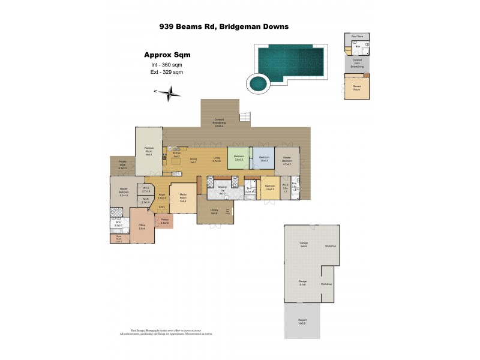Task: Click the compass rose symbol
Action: (x=169, y=92)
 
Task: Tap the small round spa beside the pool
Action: (x=259, y=82)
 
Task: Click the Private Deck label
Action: (x=122, y=166)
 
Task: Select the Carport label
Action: (x=302, y=321)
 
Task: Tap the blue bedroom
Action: (x=263, y=159)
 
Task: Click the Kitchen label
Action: (x=176, y=155)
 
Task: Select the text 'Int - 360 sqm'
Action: (x=167, y=65)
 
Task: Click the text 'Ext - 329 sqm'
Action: (x=167, y=72)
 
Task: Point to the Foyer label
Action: (x=161, y=197)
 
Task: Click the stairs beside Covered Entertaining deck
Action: (x=244, y=116)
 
